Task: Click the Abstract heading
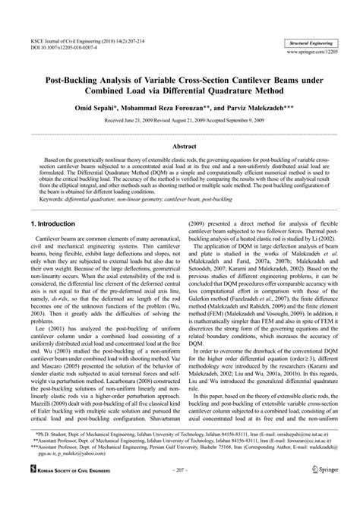pos(180,144)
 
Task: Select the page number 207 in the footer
pos(180,492)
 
